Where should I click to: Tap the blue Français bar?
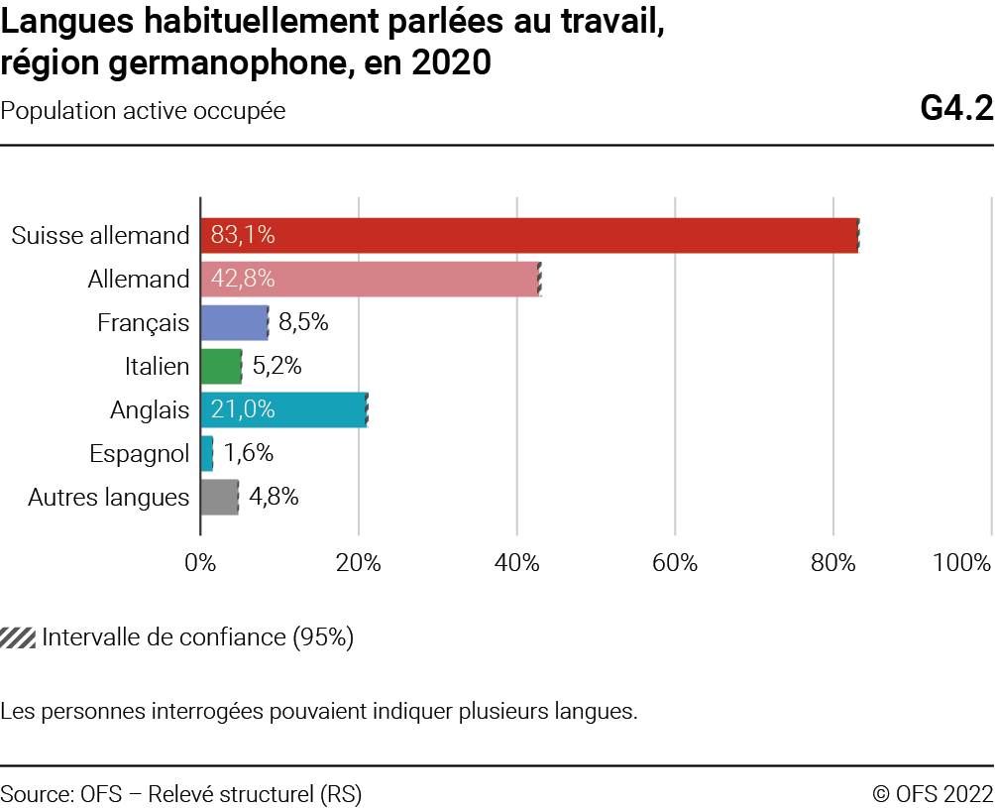(x=234, y=322)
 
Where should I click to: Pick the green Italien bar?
(x=221, y=366)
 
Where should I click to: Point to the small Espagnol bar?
(x=206, y=453)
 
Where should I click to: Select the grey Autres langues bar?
(x=219, y=497)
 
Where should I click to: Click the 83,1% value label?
(x=243, y=235)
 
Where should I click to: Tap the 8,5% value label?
(x=303, y=322)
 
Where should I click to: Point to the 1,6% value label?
(x=248, y=453)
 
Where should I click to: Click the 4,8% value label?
(x=274, y=497)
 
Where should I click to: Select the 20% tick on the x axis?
(x=359, y=563)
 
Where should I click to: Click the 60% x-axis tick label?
(x=675, y=563)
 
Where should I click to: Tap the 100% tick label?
(x=961, y=563)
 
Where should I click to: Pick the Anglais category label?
(x=150, y=409)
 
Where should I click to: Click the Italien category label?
(x=157, y=366)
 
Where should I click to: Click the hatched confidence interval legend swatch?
(x=18, y=637)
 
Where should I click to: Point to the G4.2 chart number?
(x=955, y=109)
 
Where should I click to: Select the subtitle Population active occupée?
(x=144, y=111)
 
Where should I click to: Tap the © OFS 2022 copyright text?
(x=932, y=794)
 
